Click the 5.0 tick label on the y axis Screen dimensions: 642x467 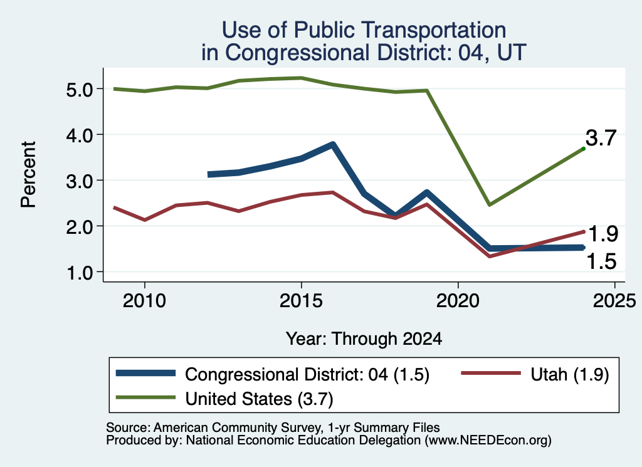tap(80, 89)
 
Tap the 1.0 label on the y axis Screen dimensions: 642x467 tap(80, 273)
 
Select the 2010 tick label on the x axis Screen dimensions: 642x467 tap(144, 301)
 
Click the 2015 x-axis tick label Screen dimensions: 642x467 tap(301, 301)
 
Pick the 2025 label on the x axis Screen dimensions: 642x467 tap(614, 301)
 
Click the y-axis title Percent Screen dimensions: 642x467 tap(28, 175)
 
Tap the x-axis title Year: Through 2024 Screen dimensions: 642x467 tap(364, 339)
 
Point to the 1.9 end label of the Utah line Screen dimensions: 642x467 tap(603, 234)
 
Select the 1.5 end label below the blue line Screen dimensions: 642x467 tap(601, 261)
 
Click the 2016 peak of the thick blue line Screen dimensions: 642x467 tap(333, 144)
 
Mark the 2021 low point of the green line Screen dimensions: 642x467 tap(489, 204)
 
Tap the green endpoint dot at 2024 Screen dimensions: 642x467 tap(583, 149)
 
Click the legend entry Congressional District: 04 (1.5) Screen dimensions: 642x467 tap(273, 374)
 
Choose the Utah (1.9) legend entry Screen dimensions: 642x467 tap(535, 374)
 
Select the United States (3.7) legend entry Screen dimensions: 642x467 tap(225, 399)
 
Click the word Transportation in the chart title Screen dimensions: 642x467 tap(434, 30)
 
